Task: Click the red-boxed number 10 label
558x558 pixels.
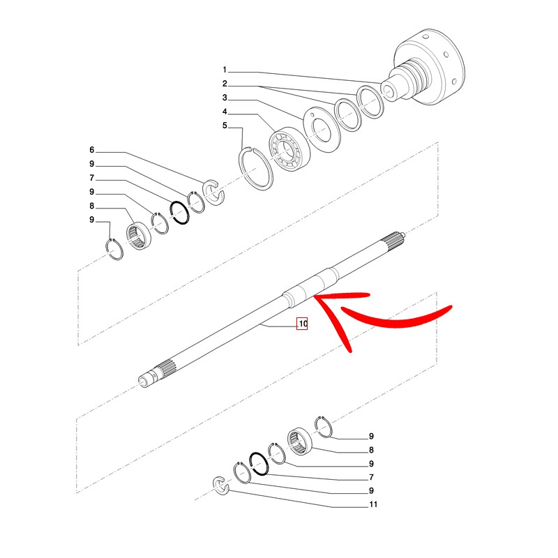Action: tap(302, 324)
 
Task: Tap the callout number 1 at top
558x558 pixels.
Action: tap(225, 70)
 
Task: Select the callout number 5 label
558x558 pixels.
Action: tap(225, 126)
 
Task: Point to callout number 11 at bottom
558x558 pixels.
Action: tap(373, 504)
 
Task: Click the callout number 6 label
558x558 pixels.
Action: tap(92, 150)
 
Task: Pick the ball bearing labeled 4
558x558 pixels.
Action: tap(289, 149)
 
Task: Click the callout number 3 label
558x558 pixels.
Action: tap(225, 98)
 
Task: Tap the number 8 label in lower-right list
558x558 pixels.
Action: tap(371, 450)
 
